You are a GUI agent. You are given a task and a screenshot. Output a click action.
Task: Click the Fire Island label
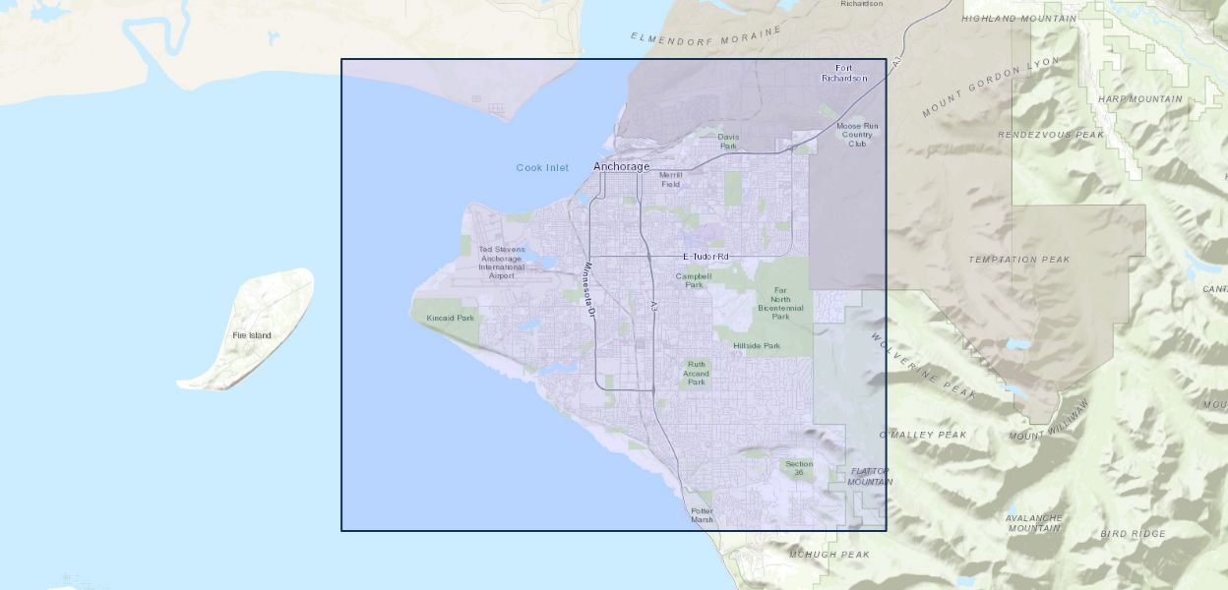click(x=252, y=335)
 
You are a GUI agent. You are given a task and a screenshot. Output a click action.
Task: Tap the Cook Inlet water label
click(x=542, y=168)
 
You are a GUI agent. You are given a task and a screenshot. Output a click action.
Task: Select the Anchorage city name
click(x=621, y=167)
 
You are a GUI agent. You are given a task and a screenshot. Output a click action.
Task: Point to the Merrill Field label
click(x=670, y=179)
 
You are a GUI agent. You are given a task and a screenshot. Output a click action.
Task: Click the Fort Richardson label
click(x=844, y=73)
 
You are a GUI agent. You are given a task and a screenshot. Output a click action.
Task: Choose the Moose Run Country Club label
click(x=857, y=135)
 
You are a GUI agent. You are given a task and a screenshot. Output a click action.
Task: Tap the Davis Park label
click(x=728, y=142)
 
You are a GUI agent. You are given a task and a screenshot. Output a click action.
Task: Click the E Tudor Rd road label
click(x=706, y=257)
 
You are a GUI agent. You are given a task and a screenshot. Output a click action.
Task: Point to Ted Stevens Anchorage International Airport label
click(x=502, y=263)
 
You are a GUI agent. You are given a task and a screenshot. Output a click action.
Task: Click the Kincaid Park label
click(x=450, y=318)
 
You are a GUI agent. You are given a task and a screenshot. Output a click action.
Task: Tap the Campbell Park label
click(x=694, y=280)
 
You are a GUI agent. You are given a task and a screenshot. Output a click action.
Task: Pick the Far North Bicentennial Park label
click(x=780, y=304)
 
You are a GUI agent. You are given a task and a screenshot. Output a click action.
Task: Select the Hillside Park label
click(x=757, y=346)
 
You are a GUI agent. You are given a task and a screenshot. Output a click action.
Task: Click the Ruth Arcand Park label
click(x=697, y=373)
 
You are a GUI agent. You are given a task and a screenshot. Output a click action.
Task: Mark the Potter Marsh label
click(x=702, y=515)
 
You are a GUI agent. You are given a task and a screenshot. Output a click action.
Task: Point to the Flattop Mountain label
click(x=870, y=477)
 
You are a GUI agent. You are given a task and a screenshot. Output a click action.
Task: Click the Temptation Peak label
click(x=1018, y=260)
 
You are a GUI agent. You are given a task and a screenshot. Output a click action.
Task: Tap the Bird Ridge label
click(x=1133, y=534)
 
